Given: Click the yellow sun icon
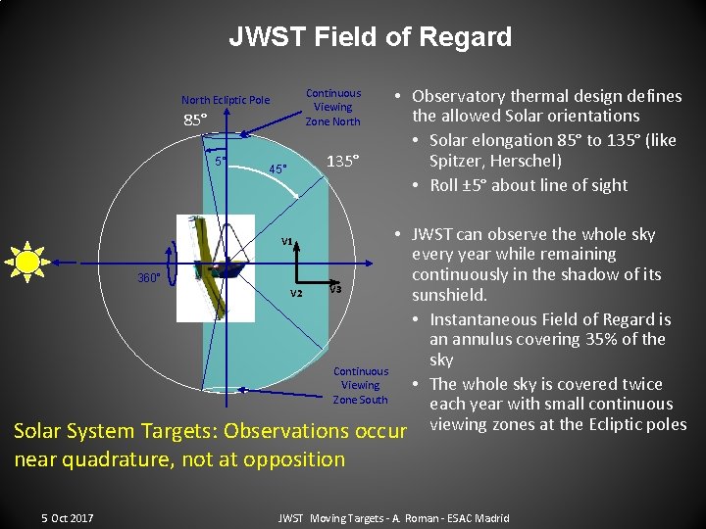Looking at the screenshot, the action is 28,262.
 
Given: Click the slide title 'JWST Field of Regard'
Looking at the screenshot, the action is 370,37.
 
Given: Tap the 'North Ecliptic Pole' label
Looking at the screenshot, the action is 226,100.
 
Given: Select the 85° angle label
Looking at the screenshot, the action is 196,121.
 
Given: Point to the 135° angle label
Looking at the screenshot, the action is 343,161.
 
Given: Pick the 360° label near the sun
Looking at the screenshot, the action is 149,278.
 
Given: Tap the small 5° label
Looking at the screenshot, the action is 221,161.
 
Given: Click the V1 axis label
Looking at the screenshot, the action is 288,241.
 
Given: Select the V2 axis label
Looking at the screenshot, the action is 296,293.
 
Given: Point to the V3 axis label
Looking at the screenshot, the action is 335,288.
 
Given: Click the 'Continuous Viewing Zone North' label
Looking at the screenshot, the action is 333,108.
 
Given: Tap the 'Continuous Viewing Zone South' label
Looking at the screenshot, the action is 360,385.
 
